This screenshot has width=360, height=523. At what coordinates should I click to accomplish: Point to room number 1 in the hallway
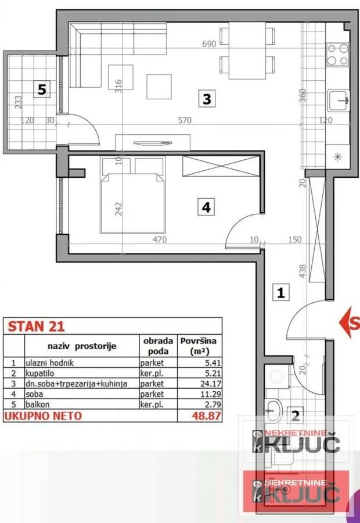280,293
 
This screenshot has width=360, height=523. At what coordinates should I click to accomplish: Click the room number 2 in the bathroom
296,415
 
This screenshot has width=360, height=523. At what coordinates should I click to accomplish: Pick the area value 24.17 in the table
203,384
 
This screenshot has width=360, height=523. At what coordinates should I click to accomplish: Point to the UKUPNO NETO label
43,415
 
